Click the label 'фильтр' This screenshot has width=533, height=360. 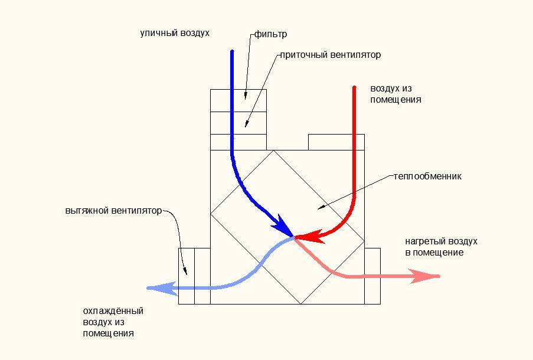(x=270, y=34)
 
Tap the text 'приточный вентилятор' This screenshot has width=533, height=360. (x=331, y=55)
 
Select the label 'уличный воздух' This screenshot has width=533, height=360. (x=175, y=33)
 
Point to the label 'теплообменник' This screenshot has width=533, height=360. (x=427, y=176)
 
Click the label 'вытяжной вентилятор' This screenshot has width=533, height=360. (x=113, y=211)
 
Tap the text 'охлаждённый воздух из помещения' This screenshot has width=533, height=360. (x=113, y=322)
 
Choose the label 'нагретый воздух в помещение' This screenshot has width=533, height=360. (x=442, y=247)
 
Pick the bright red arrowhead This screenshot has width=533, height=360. (x=309, y=236)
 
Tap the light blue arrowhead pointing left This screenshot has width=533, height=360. (x=161, y=288)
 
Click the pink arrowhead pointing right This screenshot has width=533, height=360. (x=426, y=276)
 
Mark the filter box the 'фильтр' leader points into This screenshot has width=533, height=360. (x=238, y=101)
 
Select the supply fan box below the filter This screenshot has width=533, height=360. (x=238, y=123)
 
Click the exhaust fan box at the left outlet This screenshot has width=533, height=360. (x=187, y=276)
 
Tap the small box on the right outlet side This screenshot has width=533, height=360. (x=372, y=276)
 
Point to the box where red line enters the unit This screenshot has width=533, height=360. (x=336, y=142)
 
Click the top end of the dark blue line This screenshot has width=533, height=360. (x=232, y=51)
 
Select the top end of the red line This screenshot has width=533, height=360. (x=354, y=87)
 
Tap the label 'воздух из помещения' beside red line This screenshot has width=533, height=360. (x=395, y=94)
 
